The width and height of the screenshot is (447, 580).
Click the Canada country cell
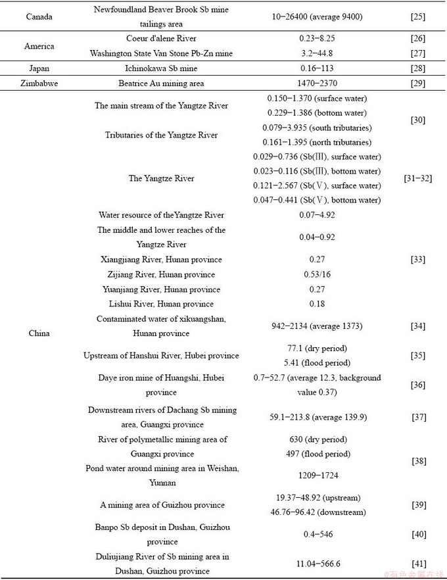pyautogui.click(x=39, y=16)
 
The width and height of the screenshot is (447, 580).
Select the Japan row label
pyautogui.click(x=39, y=68)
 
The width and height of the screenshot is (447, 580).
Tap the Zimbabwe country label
pyautogui.click(x=39, y=84)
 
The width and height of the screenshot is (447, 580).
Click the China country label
pyautogui.click(x=39, y=333)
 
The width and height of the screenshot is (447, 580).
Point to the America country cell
pyautogui.click(x=39, y=46)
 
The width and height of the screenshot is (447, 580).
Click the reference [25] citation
pyautogui.click(x=417, y=16)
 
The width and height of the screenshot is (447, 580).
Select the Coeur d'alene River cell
pyautogui.click(x=161, y=39)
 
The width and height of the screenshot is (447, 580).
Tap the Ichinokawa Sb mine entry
pyautogui.click(x=161, y=68)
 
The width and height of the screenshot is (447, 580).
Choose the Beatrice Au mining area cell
pyautogui.click(x=161, y=84)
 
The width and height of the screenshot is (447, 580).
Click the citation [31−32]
pyautogui.click(x=417, y=178)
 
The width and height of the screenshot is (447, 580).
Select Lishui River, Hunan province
pyautogui.click(x=161, y=304)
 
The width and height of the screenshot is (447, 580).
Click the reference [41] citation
pyautogui.click(x=417, y=564)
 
